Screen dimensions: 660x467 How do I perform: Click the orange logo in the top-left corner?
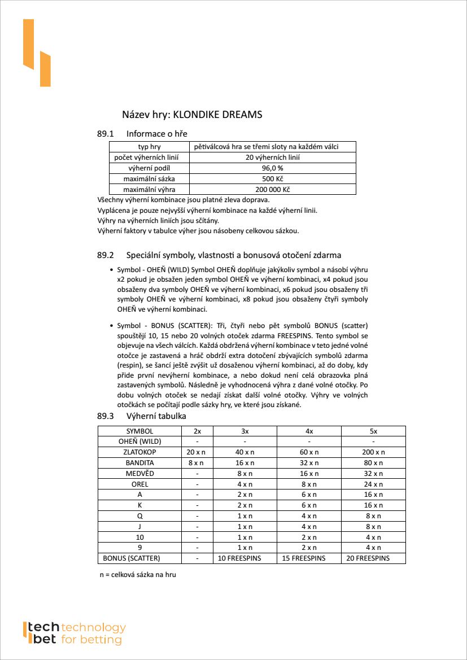[x=37, y=53]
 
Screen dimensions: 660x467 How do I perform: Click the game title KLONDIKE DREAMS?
[x=217, y=115]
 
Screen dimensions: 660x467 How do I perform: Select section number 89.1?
[x=106, y=134]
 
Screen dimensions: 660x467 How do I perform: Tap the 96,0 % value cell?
[x=272, y=168]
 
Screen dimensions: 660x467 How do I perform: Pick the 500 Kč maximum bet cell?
[x=272, y=179]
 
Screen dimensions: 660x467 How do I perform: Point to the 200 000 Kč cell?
[x=272, y=190]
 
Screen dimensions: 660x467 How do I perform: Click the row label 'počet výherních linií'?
[x=149, y=158]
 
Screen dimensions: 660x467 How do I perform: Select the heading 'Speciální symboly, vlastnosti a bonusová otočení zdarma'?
[x=233, y=255]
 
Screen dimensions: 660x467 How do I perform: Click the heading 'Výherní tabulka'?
[x=156, y=416]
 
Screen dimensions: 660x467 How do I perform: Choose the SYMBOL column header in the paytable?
[x=139, y=431]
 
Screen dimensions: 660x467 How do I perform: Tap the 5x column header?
[x=373, y=431]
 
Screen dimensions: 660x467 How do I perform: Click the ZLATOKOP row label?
[x=139, y=452]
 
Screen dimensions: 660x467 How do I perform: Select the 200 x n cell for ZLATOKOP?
[x=373, y=452]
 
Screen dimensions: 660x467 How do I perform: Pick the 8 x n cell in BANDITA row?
[x=196, y=463]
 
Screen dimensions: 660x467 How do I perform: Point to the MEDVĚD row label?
[x=139, y=474]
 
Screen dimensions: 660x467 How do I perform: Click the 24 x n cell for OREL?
[x=373, y=484]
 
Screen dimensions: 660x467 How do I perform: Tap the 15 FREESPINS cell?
[x=309, y=558]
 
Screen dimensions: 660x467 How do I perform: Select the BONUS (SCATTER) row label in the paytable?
[x=132, y=558]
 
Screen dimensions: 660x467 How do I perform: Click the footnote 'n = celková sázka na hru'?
[x=138, y=575]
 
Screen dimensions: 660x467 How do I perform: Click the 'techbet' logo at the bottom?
[x=74, y=633]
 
